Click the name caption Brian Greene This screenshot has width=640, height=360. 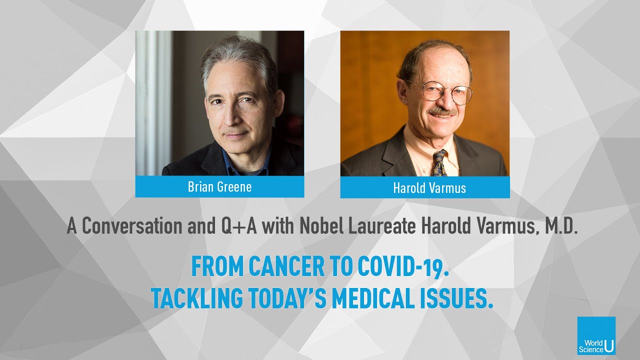point(219,187)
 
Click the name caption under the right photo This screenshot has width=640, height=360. point(429,187)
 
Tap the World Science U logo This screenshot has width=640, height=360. point(596,335)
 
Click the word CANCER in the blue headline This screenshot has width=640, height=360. point(286,267)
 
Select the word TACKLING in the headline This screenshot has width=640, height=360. point(197,298)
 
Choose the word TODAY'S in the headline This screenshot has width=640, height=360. point(287,298)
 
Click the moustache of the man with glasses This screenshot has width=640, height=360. point(442,111)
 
